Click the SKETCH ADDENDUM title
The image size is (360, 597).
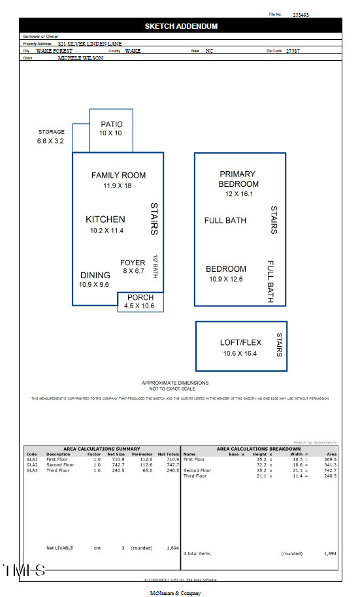(x=181, y=26)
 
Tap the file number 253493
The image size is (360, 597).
(x=301, y=14)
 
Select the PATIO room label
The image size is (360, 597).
(x=111, y=124)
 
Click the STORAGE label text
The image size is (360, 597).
(x=51, y=132)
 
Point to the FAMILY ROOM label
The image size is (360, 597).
(x=118, y=175)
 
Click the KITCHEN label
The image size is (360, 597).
(x=105, y=219)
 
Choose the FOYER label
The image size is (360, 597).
(x=133, y=263)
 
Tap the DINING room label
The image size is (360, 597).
(x=95, y=275)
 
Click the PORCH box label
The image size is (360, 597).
(x=140, y=297)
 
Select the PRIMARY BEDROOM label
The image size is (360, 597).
(x=238, y=179)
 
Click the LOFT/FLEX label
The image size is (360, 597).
(x=240, y=342)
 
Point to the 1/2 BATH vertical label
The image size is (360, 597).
(x=156, y=266)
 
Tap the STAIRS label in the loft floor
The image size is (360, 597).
(x=279, y=346)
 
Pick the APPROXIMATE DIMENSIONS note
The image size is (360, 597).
(x=175, y=383)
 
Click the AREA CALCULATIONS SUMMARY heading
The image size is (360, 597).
(x=101, y=449)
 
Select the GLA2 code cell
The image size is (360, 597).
(x=31, y=465)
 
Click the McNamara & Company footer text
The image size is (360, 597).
(x=176, y=593)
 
